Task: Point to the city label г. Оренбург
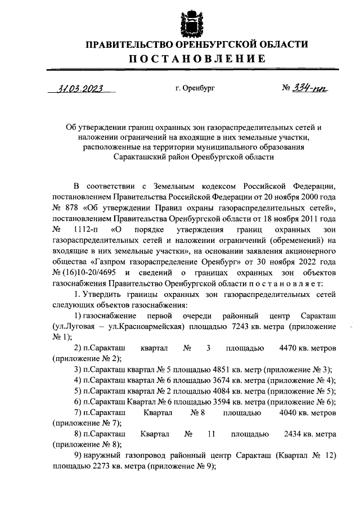pyautogui.click(x=195, y=89)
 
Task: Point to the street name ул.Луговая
pyautogui.click(x=74, y=326)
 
